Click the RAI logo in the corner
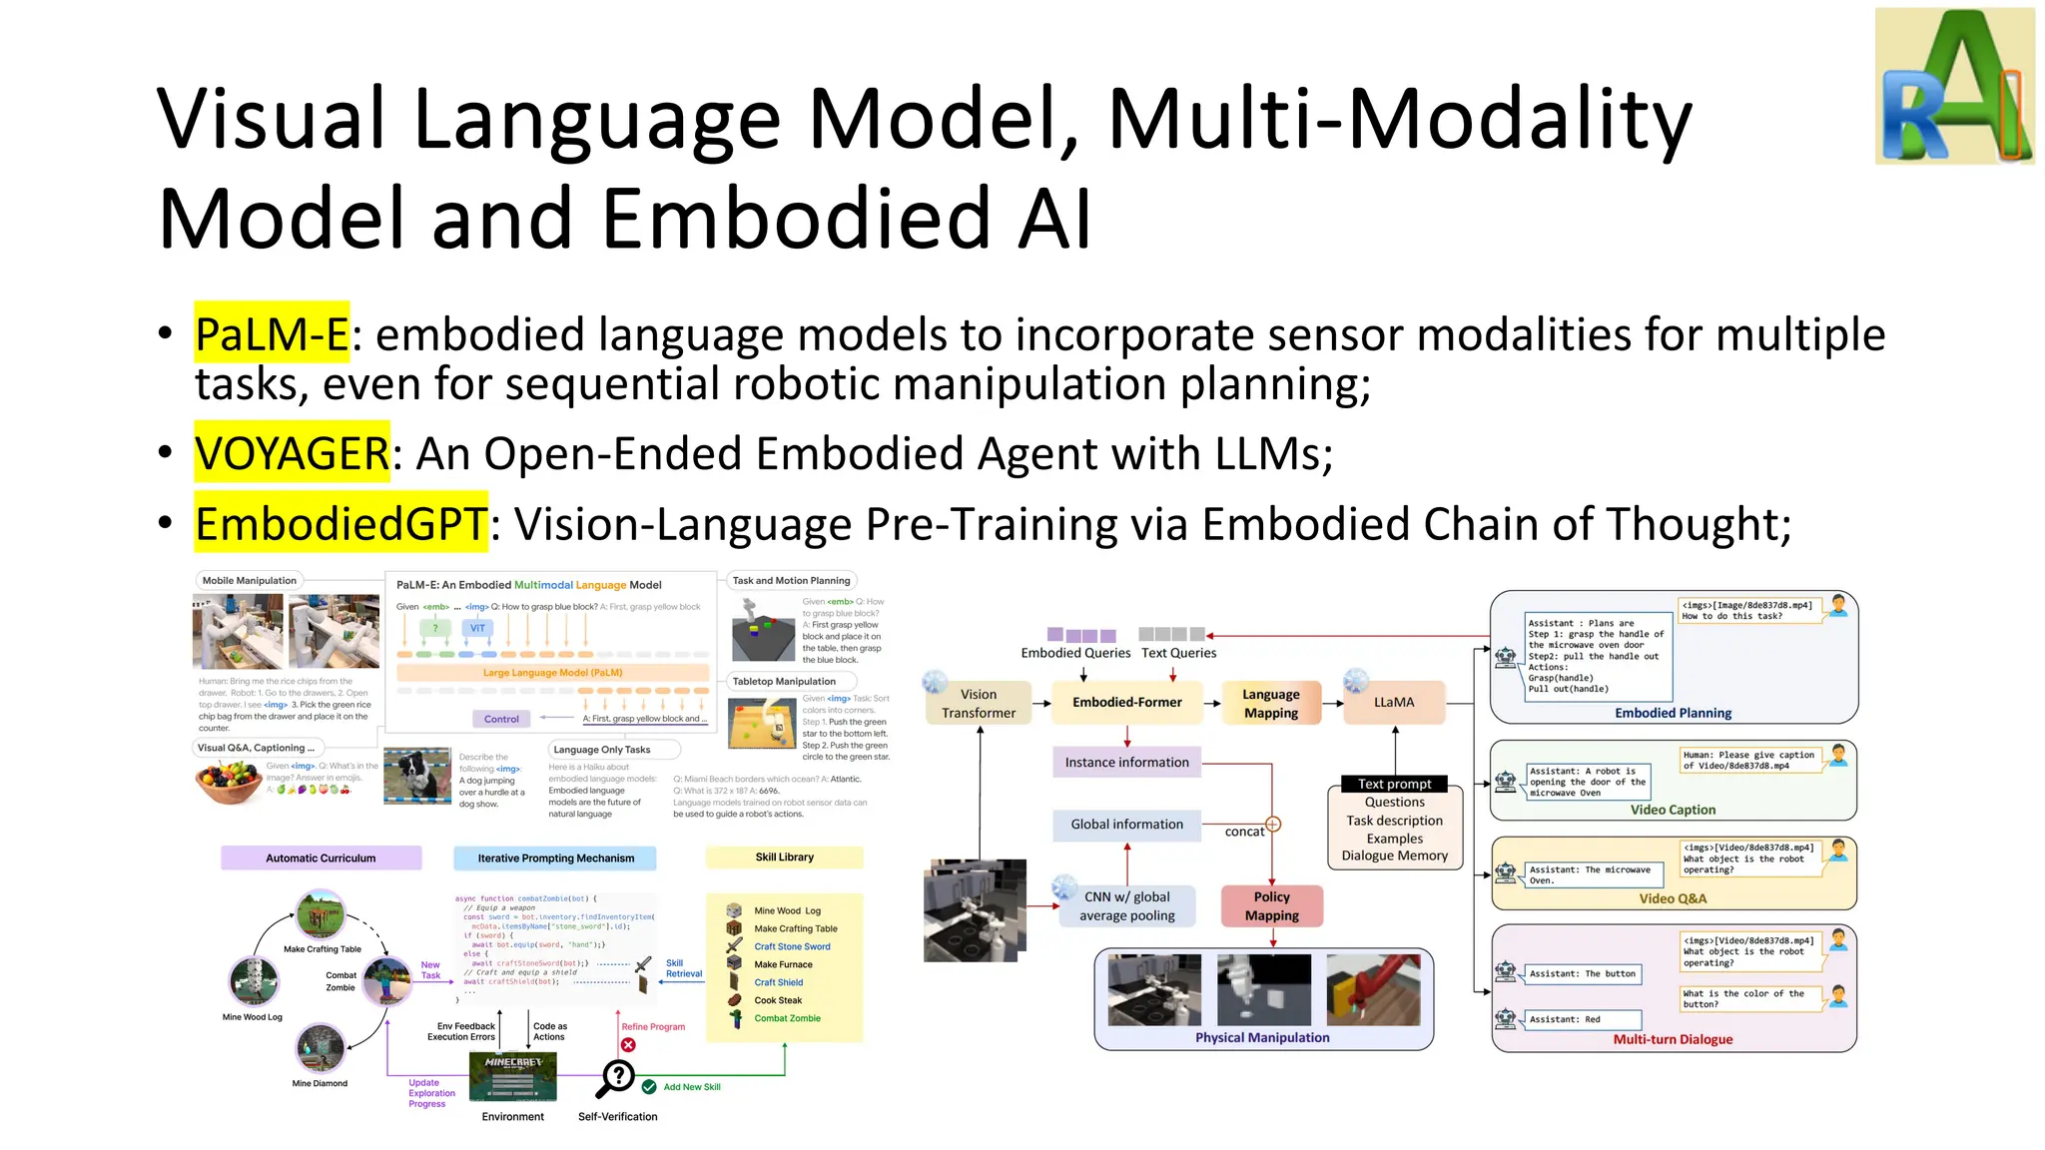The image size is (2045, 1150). [1954, 86]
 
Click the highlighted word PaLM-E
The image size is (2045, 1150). [272, 333]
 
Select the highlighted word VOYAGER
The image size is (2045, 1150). [292, 453]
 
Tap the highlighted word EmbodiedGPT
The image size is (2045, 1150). [341, 523]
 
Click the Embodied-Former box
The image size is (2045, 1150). [1126, 703]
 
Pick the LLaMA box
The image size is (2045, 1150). [1394, 703]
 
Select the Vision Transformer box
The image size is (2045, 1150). [979, 704]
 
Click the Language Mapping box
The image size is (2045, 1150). [1270, 704]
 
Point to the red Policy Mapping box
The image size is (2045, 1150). [1271, 906]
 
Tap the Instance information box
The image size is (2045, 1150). [1126, 763]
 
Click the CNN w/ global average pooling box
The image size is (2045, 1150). [1126, 906]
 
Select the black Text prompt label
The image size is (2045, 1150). [1394, 784]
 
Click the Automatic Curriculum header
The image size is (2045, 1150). [321, 859]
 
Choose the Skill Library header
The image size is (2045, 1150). [784, 858]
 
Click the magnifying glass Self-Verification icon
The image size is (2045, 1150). [618, 1077]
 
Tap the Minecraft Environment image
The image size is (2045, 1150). [512, 1076]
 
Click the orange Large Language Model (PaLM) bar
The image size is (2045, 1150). [552, 673]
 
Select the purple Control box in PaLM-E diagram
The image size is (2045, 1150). [501, 719]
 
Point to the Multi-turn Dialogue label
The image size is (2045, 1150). [1673, 1040]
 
